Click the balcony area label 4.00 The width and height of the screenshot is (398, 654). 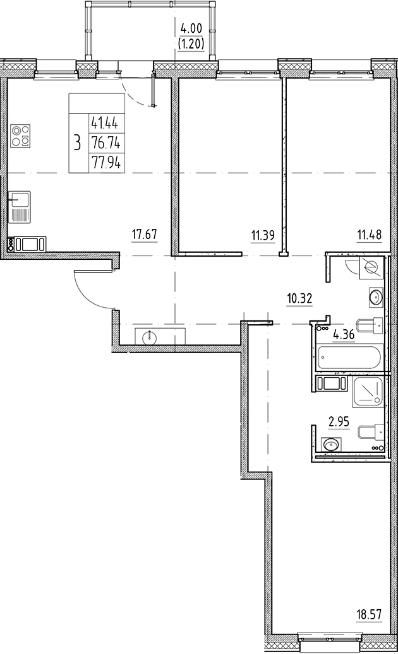click(191, 29)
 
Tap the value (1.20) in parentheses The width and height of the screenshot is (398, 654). click(191, 44)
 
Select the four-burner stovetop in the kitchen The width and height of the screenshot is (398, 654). click(21, 136)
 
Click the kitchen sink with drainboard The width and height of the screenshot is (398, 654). click(20, 207)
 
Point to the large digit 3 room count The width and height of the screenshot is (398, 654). click(77, 143)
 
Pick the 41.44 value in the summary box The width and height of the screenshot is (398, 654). click(106, 124)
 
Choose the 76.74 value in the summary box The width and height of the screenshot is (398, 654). click(106, 144)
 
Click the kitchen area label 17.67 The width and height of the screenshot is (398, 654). click(145, 235)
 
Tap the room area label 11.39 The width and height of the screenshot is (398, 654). click(263, 236)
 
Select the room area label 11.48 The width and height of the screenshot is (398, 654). click(369, 235)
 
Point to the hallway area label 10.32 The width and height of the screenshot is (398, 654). click(299, 299)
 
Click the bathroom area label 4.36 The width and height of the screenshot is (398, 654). click(344, 334)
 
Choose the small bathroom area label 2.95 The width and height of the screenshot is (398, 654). click(339, 422)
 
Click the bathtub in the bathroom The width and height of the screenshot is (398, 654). click(349, 357)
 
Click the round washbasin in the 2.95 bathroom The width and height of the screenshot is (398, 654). click(332, 444)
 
